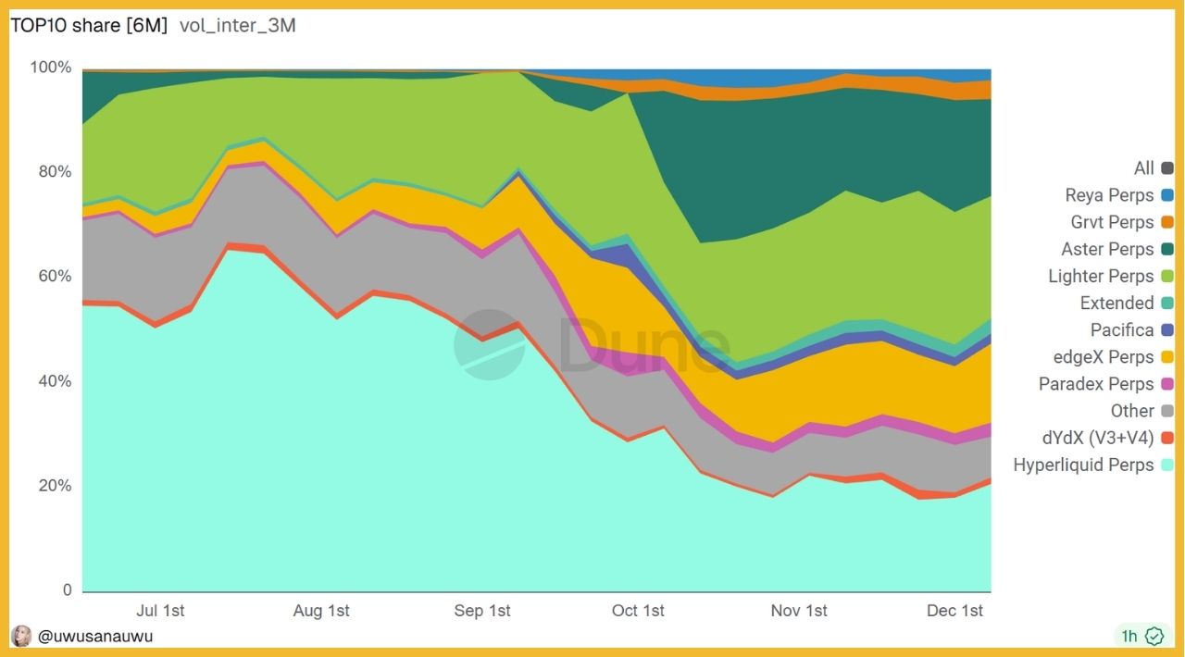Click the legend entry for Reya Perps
coord(1109,195)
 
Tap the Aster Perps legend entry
coord(1107,249)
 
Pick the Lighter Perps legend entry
coord(1101,276)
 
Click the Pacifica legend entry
coord(1122,329)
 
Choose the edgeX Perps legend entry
coord(1104,356)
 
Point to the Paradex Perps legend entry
coord(1096,383)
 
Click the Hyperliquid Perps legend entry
coord(1083,465)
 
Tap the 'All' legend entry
coord(1144,167)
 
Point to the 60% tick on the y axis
coord(54,277)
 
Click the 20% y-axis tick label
coord(54,486)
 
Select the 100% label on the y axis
coord(50,68)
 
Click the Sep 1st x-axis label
coord(482,611)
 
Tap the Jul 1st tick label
coord(160,611)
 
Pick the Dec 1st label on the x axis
coord(954,611)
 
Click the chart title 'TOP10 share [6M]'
coord(89,26)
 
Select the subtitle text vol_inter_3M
coord(237,26)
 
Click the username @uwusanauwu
coord(95,636)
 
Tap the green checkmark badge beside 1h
coord(1154,636)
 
